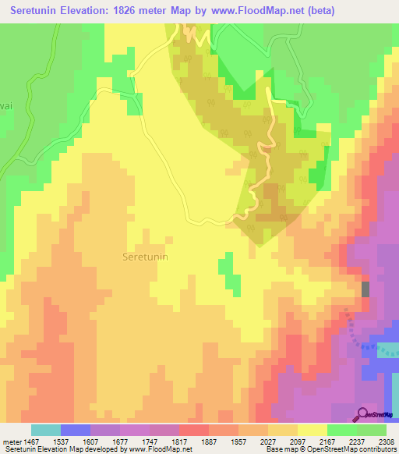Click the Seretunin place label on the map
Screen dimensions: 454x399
[x=145, y=255]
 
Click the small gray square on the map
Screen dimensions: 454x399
[x=365, y=289]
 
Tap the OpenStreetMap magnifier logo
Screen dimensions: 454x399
[x=362, y=414]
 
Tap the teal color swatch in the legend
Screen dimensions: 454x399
[x=45, y=430]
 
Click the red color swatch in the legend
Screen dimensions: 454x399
[x=193, y=430]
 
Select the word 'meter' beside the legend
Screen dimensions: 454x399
[x=12, y=442]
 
